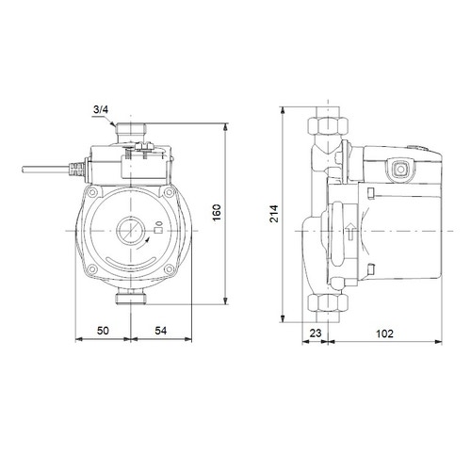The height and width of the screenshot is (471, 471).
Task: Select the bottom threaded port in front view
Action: pyautogui.click(x=126, y=300)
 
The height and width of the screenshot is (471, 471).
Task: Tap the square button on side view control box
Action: pyautogui.click(x=398, y=172)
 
